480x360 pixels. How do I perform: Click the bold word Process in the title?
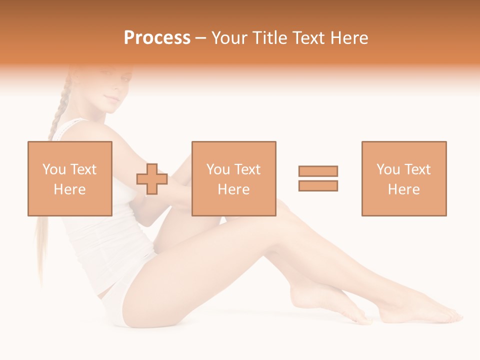157,38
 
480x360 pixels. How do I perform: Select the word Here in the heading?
348,38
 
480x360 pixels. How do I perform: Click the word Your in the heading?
230,38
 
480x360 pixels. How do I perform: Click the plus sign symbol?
152,179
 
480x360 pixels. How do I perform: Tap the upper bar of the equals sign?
318,171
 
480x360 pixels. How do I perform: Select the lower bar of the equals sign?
318,185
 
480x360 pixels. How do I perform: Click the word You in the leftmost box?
54,169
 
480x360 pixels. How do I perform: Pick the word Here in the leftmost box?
69,189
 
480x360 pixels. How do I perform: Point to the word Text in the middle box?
247,169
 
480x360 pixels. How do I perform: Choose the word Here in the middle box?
233,189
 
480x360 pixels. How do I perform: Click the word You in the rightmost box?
388,169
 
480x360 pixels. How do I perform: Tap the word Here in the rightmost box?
403,189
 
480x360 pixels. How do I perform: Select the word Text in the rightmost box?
417,169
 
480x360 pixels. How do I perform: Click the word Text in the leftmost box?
83,169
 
